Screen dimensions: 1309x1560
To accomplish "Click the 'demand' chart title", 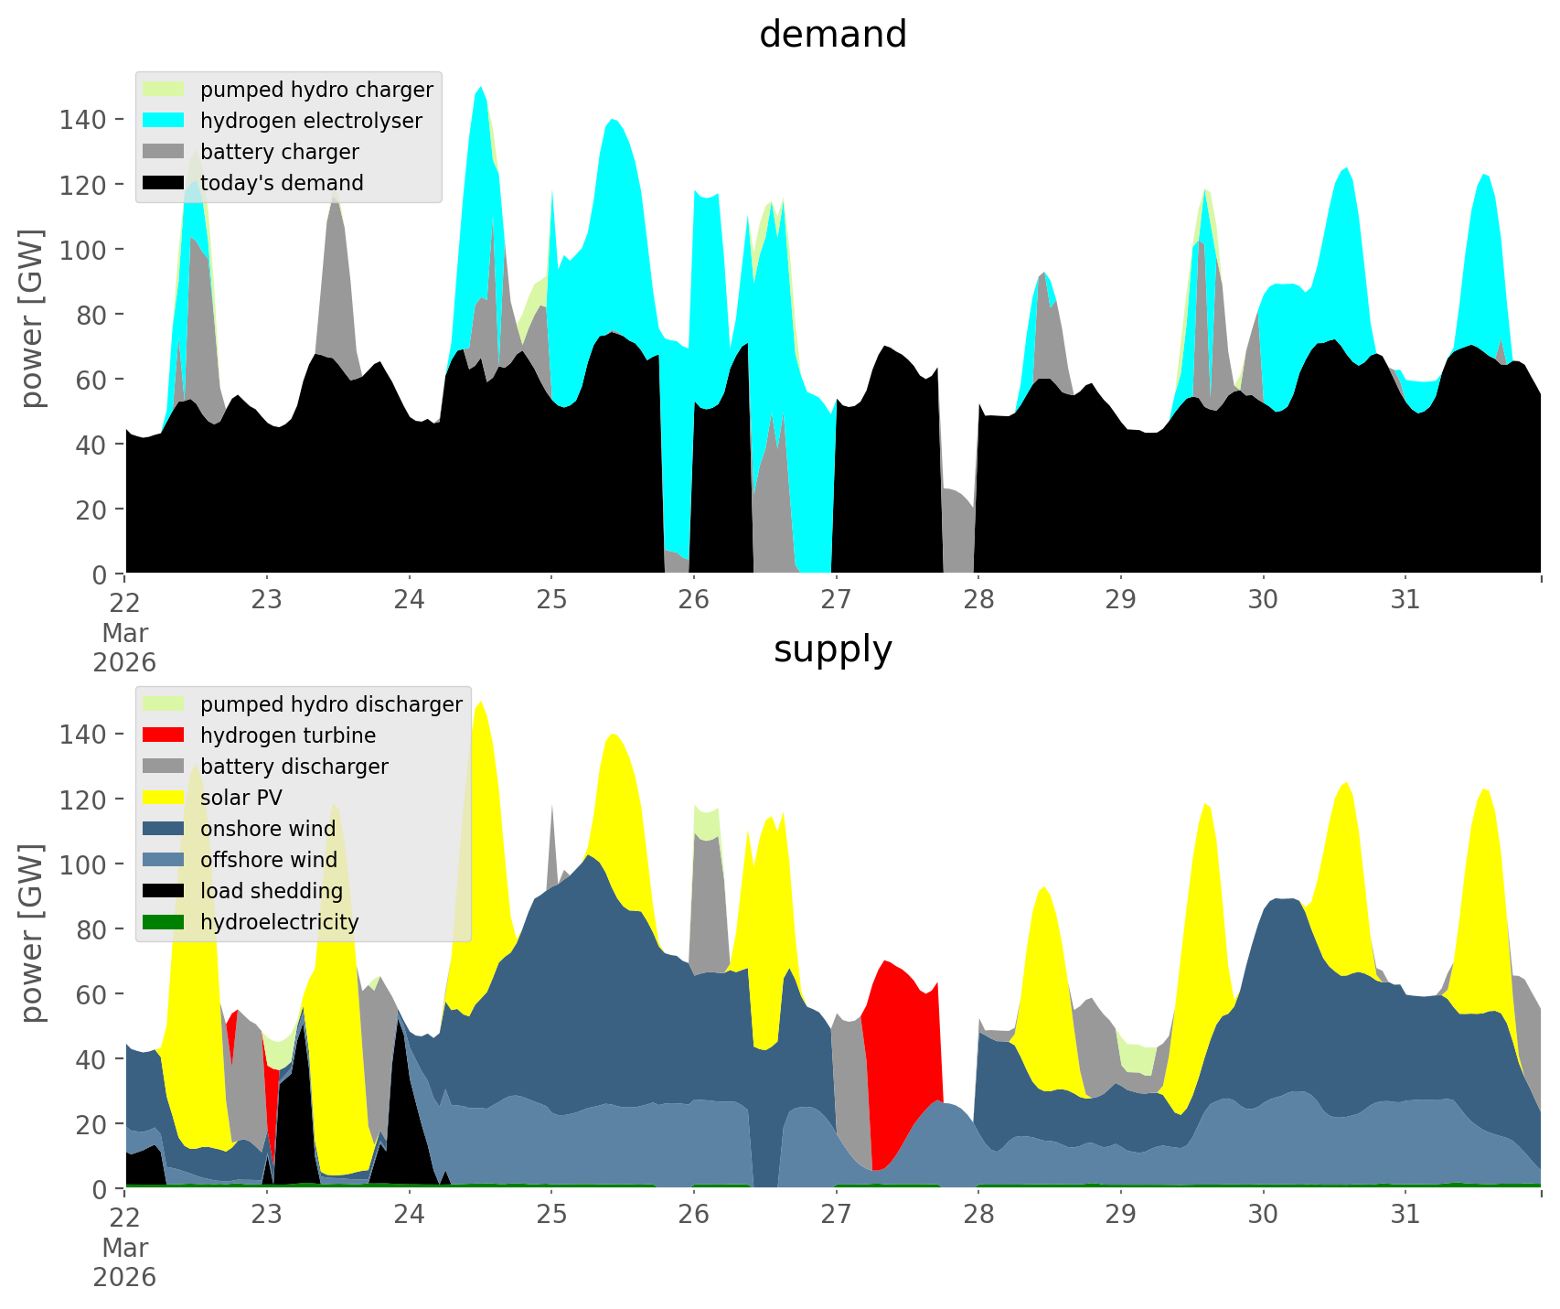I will [x=832, y=35].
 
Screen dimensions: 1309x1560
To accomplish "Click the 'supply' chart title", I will [x=832, y=649].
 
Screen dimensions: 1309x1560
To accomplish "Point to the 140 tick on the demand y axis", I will [x=82, y=119].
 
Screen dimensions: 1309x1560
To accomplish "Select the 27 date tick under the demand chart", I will [x=836, y=600].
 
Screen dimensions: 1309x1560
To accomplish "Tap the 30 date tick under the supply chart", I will [x=1263, y=1215].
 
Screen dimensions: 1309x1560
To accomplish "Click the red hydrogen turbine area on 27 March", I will [x=901, y=1052].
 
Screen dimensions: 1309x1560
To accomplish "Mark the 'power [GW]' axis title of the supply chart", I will [x=33, y=933].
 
